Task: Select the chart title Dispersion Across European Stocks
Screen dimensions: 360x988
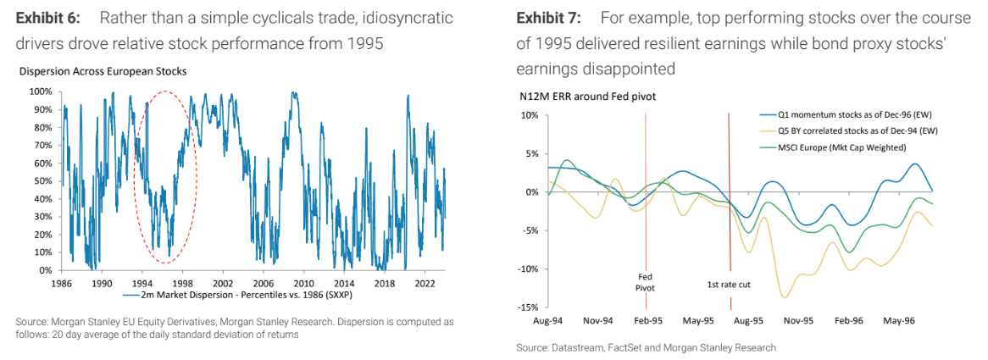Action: [103, 72]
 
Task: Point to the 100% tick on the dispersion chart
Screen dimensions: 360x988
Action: [40, 91]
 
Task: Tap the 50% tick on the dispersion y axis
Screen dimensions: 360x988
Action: [42, 180]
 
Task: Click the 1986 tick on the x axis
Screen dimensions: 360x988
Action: [62, 282]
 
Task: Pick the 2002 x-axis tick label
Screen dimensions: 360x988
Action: [223, 282]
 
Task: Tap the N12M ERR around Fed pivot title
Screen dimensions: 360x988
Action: [587, 97]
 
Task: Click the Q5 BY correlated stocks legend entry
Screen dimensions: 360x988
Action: [855, 130]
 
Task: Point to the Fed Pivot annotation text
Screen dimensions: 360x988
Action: [647, 281]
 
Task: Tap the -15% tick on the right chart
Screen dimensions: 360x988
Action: [530, 307]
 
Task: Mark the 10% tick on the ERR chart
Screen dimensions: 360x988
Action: [531, 115]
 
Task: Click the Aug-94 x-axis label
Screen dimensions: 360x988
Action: [548, 322]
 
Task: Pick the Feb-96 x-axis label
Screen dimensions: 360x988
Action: [847, 322]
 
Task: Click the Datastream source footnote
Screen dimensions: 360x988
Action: [646, 347]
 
